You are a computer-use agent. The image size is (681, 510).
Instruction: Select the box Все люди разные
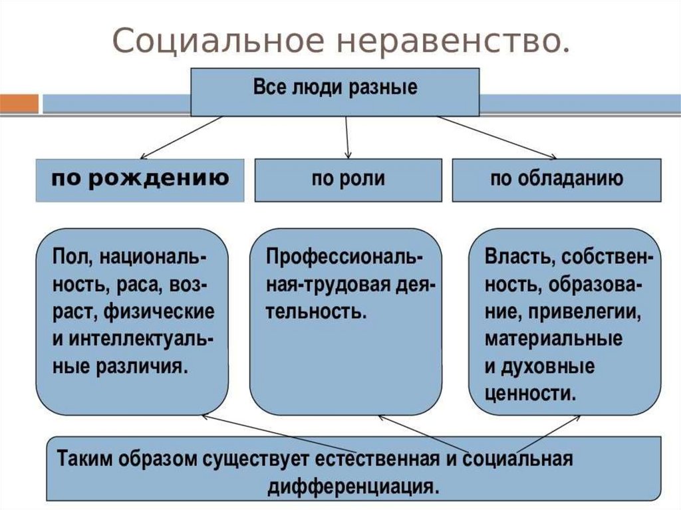click(x=335, y=91)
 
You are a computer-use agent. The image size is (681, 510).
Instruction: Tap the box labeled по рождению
click(x=140, y=180)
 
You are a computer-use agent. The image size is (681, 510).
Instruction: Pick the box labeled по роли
click(x=348, y=180)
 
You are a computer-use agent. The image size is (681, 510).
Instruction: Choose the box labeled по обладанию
click(x=557, y=180)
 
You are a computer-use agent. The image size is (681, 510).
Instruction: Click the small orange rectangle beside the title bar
click(x=19, y=104)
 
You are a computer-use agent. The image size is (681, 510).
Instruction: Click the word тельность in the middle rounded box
click(x=315, y=312)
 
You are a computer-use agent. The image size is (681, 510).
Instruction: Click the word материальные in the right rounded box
click(x=553, y=339)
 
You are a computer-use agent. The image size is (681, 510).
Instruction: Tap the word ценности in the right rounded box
click(x=529, y=393)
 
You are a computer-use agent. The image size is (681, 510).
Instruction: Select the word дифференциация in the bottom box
click(x=354, y=485)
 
